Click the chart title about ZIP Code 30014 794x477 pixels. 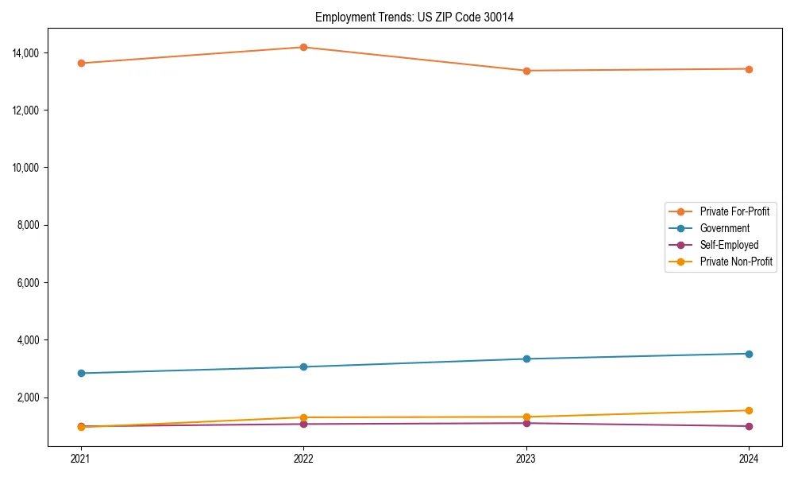414,17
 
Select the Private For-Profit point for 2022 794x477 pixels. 303,47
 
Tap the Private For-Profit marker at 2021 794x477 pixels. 81,63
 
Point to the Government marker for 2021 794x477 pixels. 81,373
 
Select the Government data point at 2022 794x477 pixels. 303,366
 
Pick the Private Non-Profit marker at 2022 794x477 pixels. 303,417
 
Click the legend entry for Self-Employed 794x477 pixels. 729,245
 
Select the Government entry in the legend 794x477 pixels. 724,228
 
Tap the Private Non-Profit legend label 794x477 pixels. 736,262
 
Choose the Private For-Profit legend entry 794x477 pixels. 734,211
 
